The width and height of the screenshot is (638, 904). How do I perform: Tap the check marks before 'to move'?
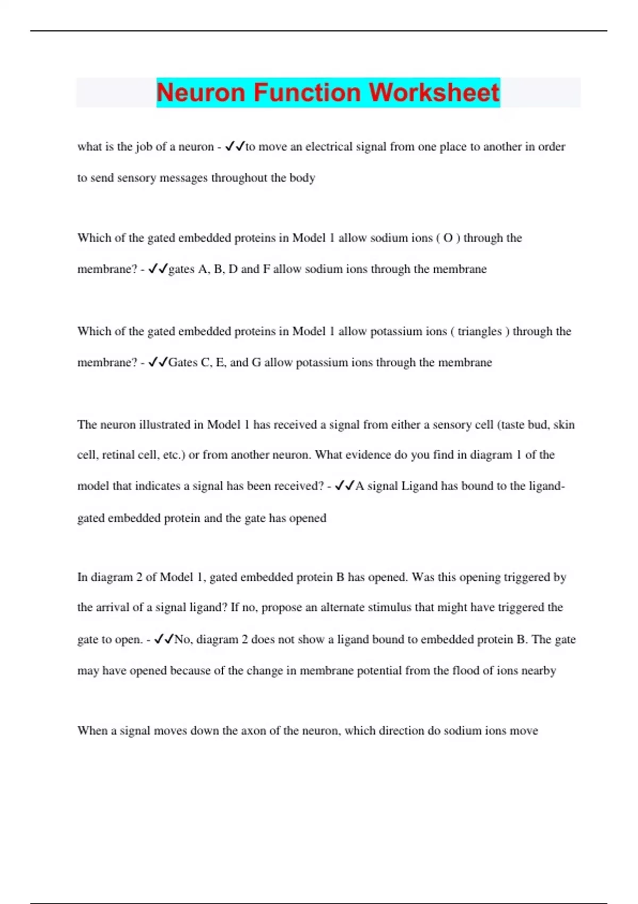pyautogui.click(x=234, y=146)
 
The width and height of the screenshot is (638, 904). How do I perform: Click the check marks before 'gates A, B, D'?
pyautogui.click(x=158, y=269)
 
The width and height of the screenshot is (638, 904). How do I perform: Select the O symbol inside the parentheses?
pyautogui.click(x=448, y=238)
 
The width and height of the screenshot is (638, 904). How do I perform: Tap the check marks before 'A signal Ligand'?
pyautogui.click(x=345, y=486)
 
